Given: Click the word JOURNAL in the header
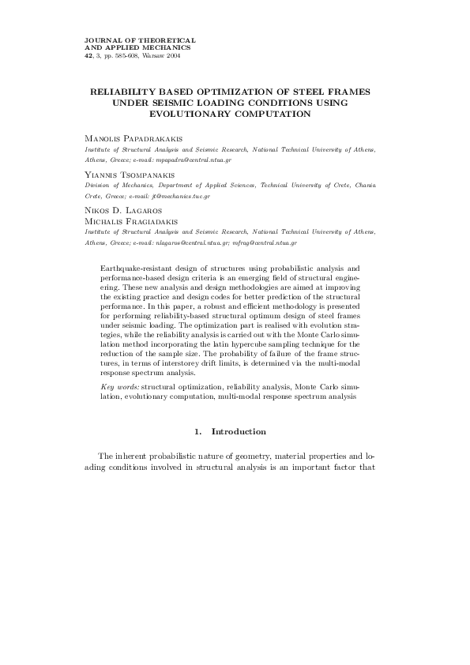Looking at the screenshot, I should (100, 39).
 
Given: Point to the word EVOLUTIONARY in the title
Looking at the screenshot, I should (190, 115).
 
